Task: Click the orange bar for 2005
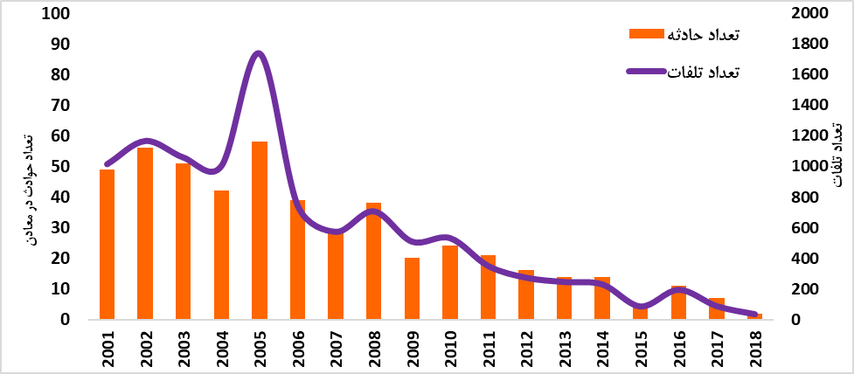pyautogui.click(x=259, y=231)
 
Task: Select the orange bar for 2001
pyautogui.click(x=107, y=245)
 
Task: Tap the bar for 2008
pyautogui.click(x=373, y=261)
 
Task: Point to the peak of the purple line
pyautogui.click(x=257, y=54)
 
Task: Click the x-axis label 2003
pyautogui.click(x=184, y=346)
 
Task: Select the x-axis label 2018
pyautogui.click(x=754, y=346)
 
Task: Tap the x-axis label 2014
pyautogui.click(x=602, y=346)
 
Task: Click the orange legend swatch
pyautogui.click(x=646, y=34)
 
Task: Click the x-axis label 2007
pyautogui.click(x=336, y=346)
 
